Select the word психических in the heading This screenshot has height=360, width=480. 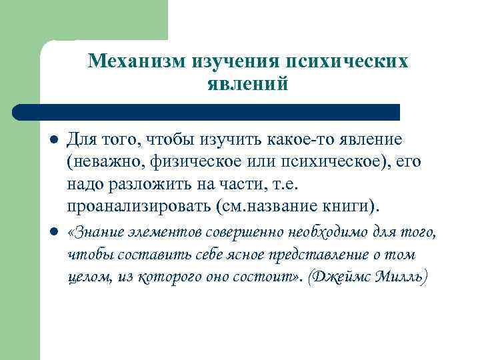(346, 61)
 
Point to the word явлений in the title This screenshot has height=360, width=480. (247, 85)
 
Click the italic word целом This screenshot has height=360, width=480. (89, 276)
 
